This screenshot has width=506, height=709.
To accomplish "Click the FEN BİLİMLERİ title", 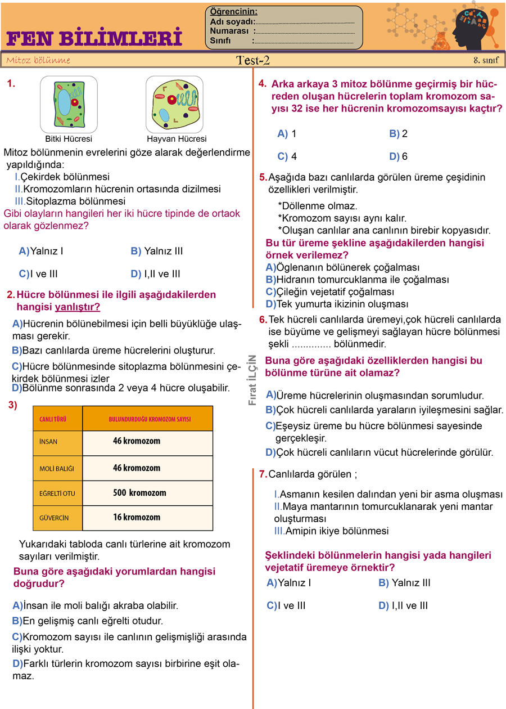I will tap(94, 38).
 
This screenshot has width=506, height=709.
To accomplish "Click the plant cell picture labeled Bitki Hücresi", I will tap(69, 104).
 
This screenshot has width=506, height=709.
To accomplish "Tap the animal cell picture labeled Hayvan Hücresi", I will tap(174, 104).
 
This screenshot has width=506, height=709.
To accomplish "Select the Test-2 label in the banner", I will tap(253, 60).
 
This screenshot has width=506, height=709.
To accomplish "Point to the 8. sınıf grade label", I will tap(486, 60).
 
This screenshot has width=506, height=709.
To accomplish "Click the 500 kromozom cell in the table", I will tap(139, 493).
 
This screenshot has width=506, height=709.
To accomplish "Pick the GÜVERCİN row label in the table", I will tap(54, 518).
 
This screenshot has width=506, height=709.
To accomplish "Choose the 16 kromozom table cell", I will tap(137, 518).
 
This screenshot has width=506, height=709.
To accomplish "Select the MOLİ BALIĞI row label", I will tap(56, 468).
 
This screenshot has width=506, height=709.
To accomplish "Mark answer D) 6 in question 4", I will tap(398, 156).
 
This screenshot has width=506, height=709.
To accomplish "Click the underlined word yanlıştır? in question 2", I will tap(78, 307).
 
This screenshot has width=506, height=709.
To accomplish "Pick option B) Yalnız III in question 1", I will tap(156, 251).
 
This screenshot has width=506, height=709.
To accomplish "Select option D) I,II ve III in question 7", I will tap(403, 605).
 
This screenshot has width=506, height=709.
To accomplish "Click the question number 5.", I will tap(263, 177).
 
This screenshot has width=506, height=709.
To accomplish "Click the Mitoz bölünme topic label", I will tap(38, 60).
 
